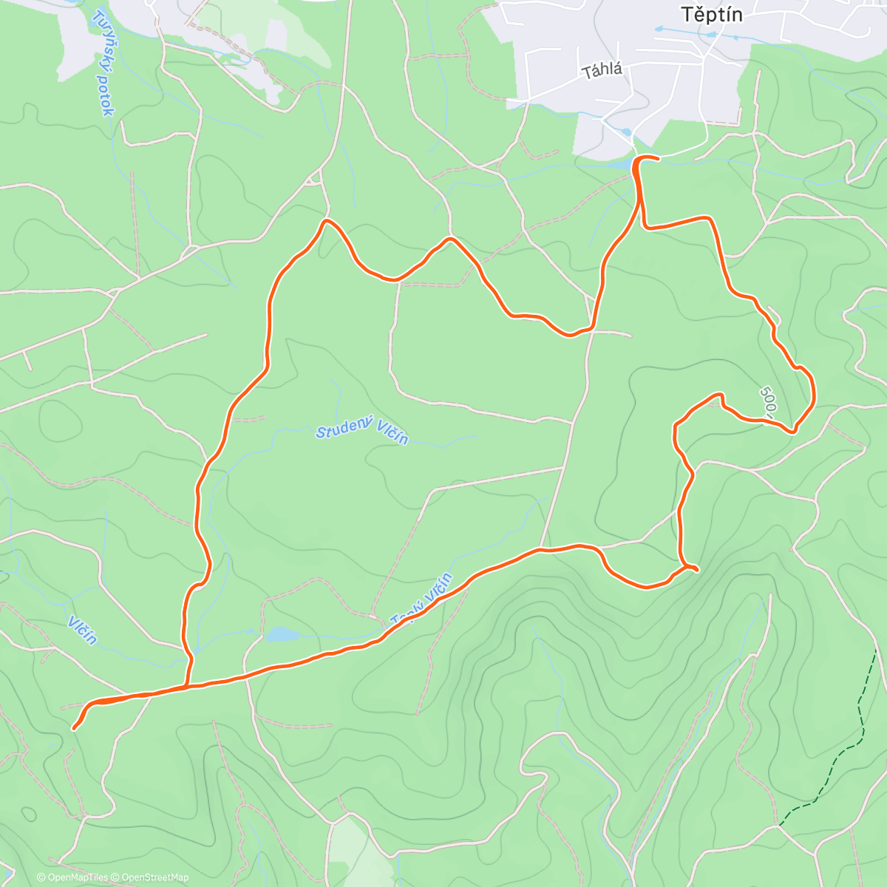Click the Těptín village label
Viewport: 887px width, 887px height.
click(711, 14)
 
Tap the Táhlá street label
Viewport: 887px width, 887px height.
click(602, 71)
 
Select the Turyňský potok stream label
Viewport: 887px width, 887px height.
click(104, 64)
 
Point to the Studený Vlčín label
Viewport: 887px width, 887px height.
click(361, 434)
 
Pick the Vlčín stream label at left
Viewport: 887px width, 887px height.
click(82, 629)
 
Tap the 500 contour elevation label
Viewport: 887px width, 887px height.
click(769, 401)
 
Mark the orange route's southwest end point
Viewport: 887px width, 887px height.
click(75, 728)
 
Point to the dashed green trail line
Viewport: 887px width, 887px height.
click(850, 747)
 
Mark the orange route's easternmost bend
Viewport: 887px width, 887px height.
click(814, 392)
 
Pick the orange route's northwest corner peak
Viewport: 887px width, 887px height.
click(326, 221)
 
